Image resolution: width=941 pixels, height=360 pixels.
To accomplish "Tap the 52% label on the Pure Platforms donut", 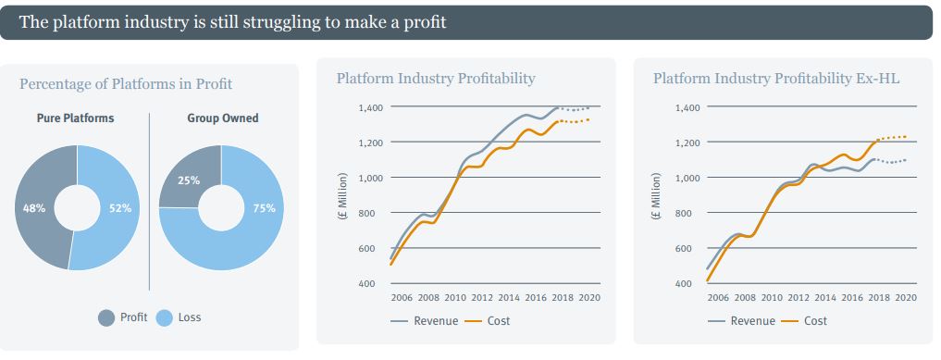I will coord(120,208).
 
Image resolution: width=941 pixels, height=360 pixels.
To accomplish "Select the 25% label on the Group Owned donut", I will coord(189,180).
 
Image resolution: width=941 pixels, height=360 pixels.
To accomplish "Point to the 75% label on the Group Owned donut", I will coord(264,208).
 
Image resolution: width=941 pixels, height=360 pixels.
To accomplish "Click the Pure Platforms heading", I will coord(76,118).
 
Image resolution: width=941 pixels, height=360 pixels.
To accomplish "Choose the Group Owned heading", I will coord(222,118).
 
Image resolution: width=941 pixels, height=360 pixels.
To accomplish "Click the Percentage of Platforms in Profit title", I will coord(126,84).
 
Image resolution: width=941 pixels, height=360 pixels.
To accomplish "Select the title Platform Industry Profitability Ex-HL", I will coord(776,79).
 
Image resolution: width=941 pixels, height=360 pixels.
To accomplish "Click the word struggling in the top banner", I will coord(269,21).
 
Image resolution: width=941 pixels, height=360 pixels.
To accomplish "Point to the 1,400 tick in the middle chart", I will coord(371,108).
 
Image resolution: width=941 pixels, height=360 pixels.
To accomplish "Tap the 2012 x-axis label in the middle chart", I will coord(481,298).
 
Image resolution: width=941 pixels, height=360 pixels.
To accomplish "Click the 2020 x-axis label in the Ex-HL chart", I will coord(905,298).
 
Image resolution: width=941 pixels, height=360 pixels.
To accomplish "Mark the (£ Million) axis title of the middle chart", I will coord(343,196).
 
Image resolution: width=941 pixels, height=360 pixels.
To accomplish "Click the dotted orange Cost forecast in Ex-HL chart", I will coord(893,138).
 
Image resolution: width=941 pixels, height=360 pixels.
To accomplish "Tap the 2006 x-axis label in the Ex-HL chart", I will coord(718,298).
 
